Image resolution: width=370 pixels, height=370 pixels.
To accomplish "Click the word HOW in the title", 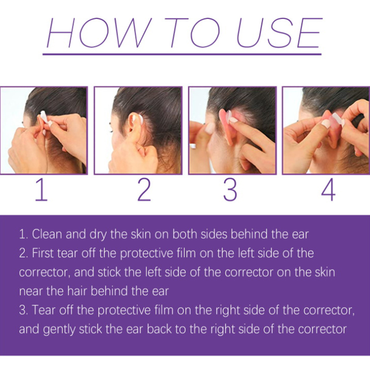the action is tap(99, 32).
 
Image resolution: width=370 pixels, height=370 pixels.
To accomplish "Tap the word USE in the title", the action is tap(279, 32).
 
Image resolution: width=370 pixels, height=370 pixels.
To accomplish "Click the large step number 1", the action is tap(42, 190).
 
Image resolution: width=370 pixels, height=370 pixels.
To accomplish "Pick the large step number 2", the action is tap(144, 190).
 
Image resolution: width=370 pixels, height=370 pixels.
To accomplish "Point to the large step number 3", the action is tap(230, 190).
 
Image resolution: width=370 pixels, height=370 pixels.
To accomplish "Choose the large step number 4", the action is tap(328, 190).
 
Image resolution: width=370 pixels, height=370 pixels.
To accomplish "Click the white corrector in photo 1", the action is tap(44, 117).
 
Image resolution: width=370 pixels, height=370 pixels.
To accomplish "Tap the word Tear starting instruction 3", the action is tap(44, 310).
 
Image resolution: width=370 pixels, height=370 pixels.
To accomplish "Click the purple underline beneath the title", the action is tap(182, 54).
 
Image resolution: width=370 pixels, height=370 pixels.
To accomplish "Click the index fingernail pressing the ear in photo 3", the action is tap(233, 120).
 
